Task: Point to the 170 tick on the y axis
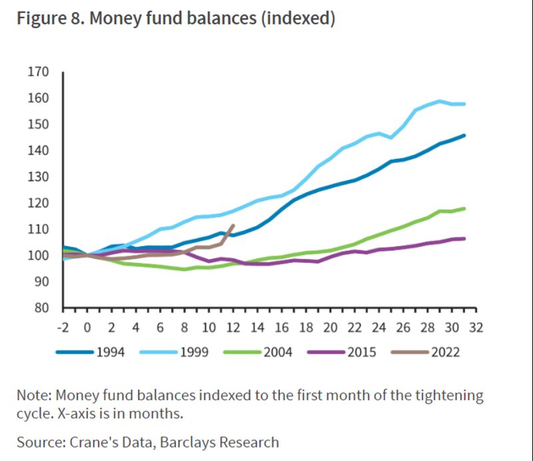coord(38,72)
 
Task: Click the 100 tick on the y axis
coord(38,256)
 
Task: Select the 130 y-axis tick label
coord(38,177)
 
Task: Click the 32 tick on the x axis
coord(476,328)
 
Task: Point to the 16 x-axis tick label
coord(282,328)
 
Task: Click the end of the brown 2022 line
coord(233,225)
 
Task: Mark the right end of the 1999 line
coord(464,104)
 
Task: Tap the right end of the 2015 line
coord(464,239)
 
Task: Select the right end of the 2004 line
coord(464,209)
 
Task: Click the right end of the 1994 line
coord(464,135)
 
